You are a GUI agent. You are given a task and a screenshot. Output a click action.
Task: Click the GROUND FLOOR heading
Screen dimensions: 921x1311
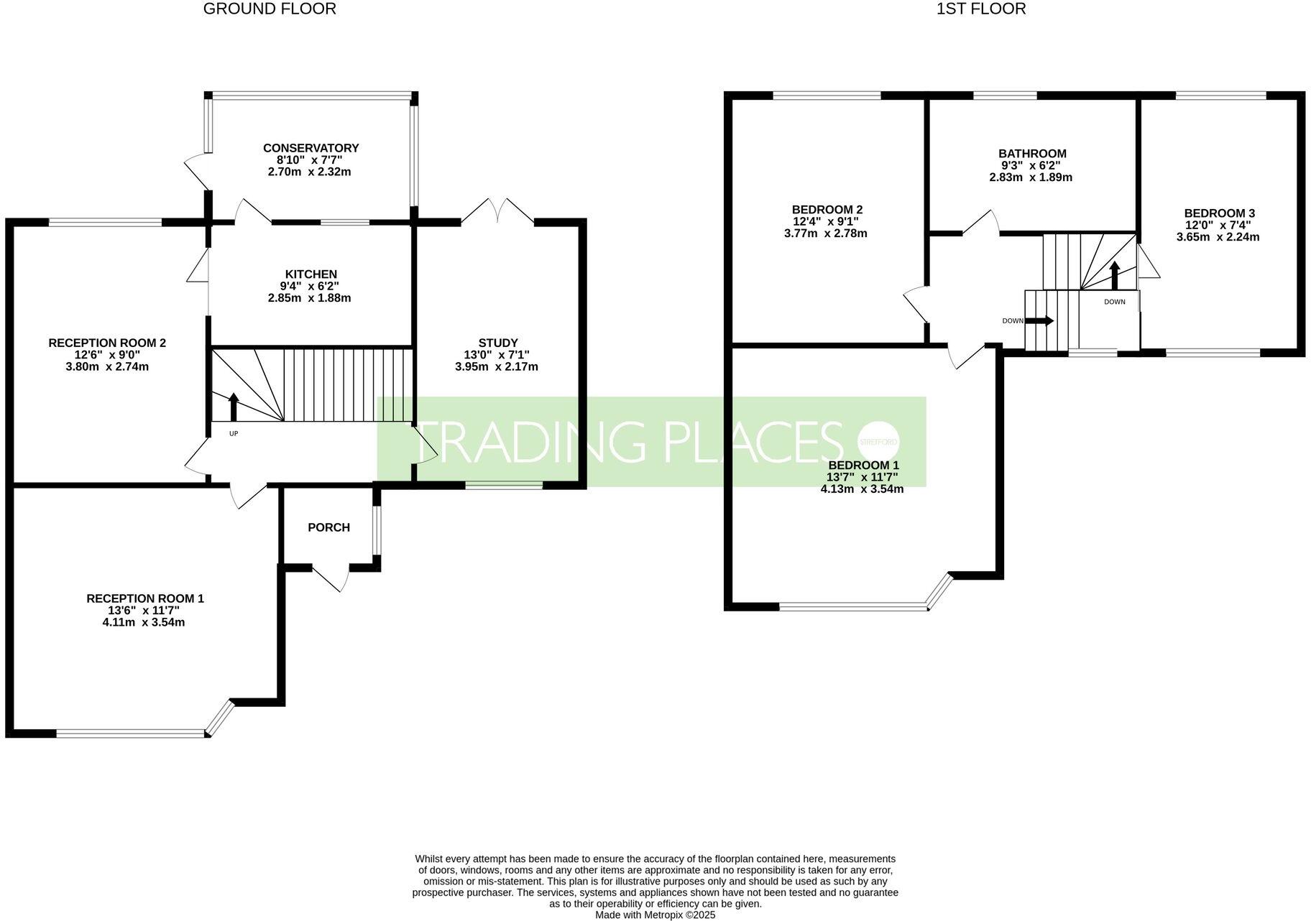[270, 9]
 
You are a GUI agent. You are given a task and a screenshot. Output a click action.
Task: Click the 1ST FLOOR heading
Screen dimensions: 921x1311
[981, 9]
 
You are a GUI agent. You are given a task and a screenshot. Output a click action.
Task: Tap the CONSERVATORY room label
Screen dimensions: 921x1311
[310, 148]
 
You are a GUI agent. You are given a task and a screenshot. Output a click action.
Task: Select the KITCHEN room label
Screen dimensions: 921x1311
[310, 274]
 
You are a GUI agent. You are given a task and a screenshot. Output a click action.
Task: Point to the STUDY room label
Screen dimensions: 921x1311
[497, 343]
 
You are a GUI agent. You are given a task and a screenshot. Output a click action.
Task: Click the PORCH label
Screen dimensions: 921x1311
[328, 527]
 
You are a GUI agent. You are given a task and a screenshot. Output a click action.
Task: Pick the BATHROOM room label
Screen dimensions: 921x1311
[1031, 154]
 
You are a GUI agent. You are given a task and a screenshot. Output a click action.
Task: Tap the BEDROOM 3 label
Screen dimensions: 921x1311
[1219, 213]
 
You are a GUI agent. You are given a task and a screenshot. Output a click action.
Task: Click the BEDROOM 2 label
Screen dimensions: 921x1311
[826, 210]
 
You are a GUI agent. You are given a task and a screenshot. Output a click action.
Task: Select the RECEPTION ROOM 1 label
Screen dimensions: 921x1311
[145, 598]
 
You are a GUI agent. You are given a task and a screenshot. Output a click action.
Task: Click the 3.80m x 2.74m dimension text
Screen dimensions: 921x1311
[107, 366]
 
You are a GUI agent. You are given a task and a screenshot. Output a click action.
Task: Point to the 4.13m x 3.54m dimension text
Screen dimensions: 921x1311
[862, 489]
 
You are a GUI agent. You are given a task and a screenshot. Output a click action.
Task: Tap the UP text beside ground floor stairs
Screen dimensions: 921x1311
[234, 433]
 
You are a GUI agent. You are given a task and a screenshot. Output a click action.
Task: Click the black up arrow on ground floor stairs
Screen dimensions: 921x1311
[234, 407]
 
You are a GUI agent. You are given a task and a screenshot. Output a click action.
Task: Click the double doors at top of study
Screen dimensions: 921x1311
[497, 211]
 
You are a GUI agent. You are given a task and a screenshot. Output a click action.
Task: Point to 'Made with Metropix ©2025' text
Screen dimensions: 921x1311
[655, 915]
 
